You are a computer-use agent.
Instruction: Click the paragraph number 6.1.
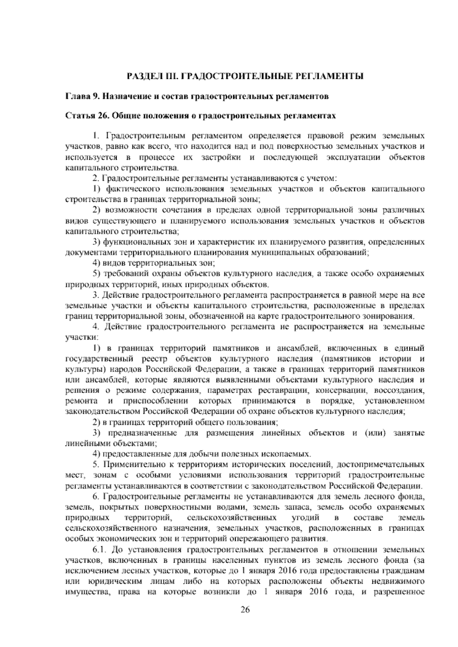point(100,550)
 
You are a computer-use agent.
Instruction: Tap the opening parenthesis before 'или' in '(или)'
point(366,433)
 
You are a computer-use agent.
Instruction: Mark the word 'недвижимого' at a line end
point(402,582)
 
